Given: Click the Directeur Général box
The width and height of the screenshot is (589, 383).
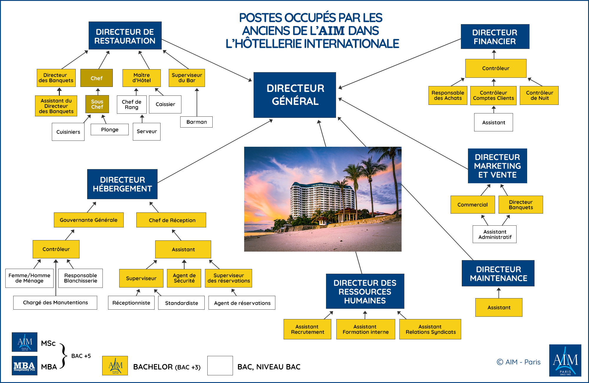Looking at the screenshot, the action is point(294,95).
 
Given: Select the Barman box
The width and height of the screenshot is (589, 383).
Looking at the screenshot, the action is point(196,122).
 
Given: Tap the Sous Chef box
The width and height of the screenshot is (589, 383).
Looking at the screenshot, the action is point(97,104).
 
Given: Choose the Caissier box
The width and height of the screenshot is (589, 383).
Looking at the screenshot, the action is point(165,104).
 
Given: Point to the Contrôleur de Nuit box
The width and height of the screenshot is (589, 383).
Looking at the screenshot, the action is point(539,95).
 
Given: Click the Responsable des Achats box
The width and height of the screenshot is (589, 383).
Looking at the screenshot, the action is point(448,95).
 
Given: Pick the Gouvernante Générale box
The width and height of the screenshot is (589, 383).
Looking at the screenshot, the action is point(89,220).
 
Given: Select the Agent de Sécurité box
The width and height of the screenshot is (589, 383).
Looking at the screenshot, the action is point(184,278).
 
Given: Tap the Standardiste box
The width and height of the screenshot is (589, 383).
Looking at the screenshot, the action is point(181,303).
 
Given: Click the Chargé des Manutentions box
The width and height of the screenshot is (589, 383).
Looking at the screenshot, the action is point(55,303).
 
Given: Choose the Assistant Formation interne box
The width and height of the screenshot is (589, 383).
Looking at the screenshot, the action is point(366,329).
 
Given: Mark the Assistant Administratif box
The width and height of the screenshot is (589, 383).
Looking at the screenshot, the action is point(495,234).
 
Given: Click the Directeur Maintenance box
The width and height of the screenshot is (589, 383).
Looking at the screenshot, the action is point(498,273).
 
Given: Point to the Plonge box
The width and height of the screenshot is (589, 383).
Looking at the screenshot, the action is point(110,130).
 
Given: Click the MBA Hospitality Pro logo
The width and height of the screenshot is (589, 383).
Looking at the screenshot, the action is point(24,366).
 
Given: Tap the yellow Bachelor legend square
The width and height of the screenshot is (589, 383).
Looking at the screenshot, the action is point(115,366).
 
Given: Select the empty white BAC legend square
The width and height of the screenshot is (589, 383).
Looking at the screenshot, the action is point(220,366).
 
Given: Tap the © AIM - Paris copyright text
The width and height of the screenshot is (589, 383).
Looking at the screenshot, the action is point(519,362).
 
